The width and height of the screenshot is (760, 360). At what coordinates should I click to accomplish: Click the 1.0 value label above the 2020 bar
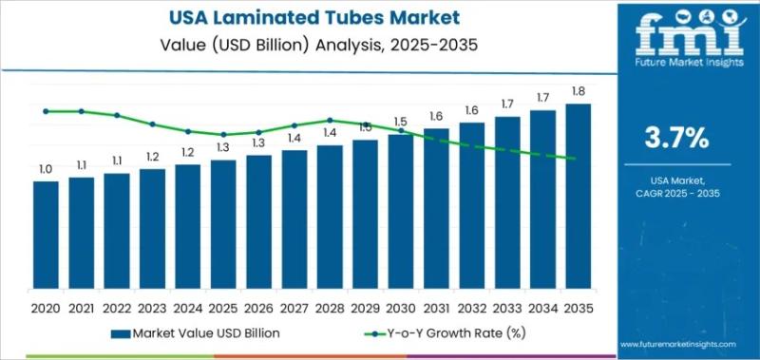pos(46,169)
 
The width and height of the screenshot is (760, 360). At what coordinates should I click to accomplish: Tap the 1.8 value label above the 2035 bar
pos(578,92)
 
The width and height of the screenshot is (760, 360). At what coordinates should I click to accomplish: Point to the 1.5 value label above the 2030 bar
pos(400,122)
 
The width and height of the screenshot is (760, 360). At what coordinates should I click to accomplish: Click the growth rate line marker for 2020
pos(46,111)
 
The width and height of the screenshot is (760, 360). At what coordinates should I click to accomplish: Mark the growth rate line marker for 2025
pos(223,135)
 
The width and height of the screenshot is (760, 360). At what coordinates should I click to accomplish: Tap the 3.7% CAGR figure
pos(676,138)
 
